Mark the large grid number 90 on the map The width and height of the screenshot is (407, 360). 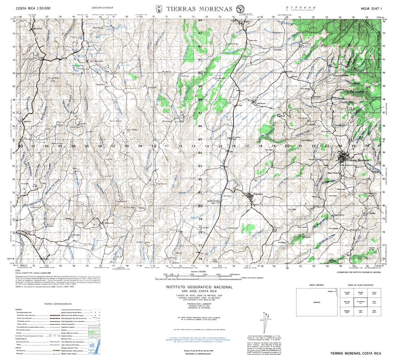point(200,73)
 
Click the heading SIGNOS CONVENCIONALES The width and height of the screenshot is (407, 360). point(58,304)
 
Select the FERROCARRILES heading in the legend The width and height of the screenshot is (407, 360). point(21,339)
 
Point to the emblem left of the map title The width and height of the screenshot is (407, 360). point(159,9)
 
